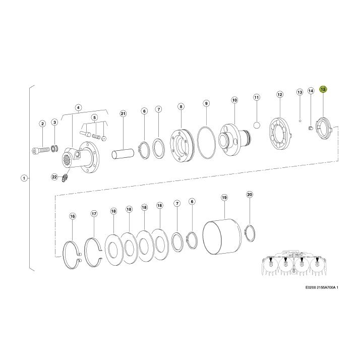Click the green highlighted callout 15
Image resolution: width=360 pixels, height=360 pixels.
tap(323, 89)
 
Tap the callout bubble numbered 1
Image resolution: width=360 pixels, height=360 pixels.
tap(24, 178)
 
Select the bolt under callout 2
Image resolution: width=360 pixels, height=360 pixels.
tap(41, 150)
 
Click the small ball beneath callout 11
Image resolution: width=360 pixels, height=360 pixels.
tap(257, 125)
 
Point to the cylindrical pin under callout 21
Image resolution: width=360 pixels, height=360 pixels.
tap(123, 154)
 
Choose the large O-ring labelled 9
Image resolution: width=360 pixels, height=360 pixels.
tap(206, 142)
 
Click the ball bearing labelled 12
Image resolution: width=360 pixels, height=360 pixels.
tap(280, 134)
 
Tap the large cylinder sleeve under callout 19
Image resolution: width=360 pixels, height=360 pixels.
tap(222, 237)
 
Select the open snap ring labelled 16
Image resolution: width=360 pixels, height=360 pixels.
tap(72, 255)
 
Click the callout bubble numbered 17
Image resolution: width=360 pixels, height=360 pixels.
tap(94, 214)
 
